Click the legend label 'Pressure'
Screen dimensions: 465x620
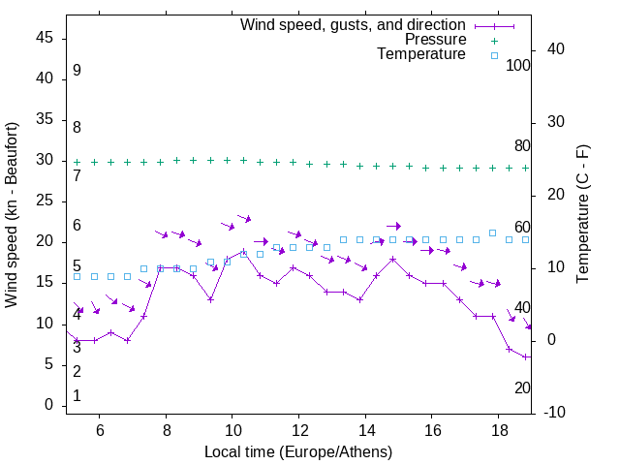435,40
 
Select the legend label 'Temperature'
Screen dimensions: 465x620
421,54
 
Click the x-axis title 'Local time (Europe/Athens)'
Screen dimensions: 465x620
298,452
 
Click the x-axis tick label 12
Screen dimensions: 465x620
298,431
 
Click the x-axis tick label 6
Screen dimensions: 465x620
99,431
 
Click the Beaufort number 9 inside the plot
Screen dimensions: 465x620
77,71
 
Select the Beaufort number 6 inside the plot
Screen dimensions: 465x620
77,226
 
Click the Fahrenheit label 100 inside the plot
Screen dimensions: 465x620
518,65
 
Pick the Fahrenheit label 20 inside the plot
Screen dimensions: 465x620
522,387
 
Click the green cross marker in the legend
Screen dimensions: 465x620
493,40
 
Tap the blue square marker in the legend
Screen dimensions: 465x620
493,55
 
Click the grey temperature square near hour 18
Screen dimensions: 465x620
492,232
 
